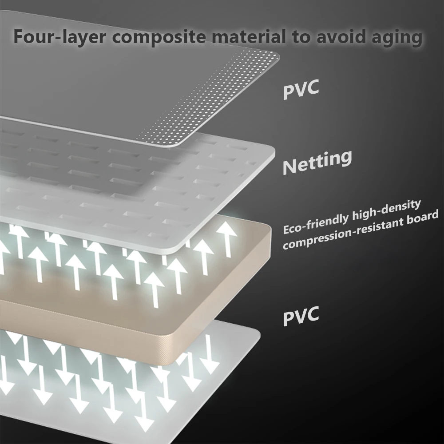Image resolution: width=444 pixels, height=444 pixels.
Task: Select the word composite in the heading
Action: pyautogui.click(x=158, y=36)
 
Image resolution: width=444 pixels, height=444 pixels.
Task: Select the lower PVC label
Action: pyautogui.click(x=301, y=316)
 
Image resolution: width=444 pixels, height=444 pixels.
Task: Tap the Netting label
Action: pyautogui.click(x=317, y=162)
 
